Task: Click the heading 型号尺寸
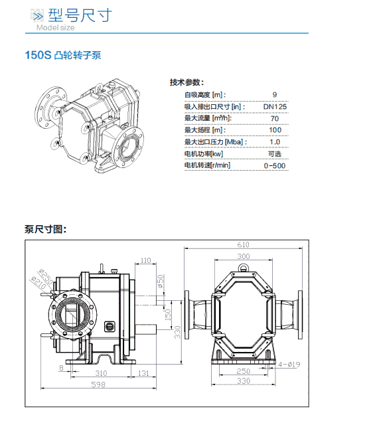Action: (x=80, y=15)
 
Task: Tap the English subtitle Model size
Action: (x=56, y=27)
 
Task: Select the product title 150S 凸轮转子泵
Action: (x=63, y=55)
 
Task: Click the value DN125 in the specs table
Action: (x=275, y=106)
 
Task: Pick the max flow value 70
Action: (x=275, y=118)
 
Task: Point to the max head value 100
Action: (x=275, y=130)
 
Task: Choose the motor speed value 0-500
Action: (x=275, y=165)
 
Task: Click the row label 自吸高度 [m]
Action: (x=205, y=95)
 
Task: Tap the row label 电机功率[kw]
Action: (x=204, y=154)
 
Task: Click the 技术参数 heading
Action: (x=186, y=82)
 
